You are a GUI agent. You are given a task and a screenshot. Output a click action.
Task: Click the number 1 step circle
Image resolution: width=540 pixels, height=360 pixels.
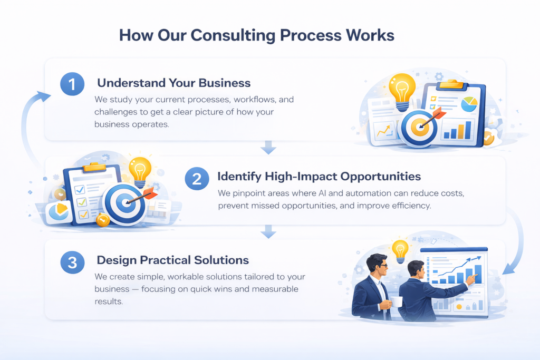pyautogui.click(x=72, y=84)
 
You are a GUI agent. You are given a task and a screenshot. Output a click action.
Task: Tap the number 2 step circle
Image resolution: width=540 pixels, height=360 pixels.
pyautogui.click(x=197, y=179)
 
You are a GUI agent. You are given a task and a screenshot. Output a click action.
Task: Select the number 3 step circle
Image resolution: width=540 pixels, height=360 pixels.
pyautogui.click(x=72, y=262)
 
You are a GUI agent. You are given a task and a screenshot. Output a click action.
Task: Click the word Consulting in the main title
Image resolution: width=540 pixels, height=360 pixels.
pyautogui.click(x=233, y=35)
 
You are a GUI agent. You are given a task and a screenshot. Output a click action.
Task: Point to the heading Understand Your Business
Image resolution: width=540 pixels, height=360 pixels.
pyautogui.click(x=174, y=83)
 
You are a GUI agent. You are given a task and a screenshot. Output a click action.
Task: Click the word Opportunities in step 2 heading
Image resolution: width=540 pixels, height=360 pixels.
pyautogui.click(x=381, y=177)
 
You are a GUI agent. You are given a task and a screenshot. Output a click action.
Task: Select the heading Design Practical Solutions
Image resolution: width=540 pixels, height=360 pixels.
pyautogui.click(x=173, y=260)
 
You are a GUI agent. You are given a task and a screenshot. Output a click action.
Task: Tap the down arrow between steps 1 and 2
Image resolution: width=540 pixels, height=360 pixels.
pyautogui.click(x=268, y=147)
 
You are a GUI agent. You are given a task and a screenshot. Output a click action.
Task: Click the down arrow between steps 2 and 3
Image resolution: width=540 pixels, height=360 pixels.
pyautogui.click(x=268, y=231)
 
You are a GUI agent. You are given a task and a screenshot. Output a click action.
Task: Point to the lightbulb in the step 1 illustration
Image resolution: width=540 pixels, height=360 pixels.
pyautogui.click(x=402, y=91)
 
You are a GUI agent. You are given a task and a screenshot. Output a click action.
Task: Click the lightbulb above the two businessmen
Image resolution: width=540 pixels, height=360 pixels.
pyautogui.click(x=400, y=251)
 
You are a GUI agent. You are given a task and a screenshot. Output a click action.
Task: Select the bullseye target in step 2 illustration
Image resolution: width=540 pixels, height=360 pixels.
pyautogui.click(x=124, y=203)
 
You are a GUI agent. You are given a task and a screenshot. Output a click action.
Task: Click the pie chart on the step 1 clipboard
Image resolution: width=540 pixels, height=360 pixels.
pyautogui.click(x=469, y=104)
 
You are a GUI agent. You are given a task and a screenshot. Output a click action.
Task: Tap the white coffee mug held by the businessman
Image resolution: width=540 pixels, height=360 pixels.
pyautogui.click(x=396, y=302)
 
